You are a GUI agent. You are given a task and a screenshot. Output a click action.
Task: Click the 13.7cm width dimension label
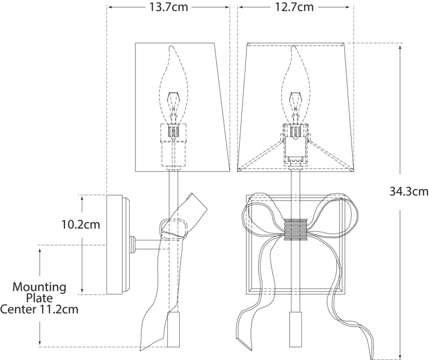tap(168, 7)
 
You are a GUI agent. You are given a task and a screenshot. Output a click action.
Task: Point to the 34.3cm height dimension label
tap(409, 191)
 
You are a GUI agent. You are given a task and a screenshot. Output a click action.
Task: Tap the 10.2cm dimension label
tap(81, 225)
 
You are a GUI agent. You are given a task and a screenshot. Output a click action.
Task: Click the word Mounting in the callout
tap(39, 287)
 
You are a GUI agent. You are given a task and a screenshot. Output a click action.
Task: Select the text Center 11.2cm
tap(39, 309)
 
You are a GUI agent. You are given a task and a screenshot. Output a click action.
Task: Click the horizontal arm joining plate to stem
tap(149, 244)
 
